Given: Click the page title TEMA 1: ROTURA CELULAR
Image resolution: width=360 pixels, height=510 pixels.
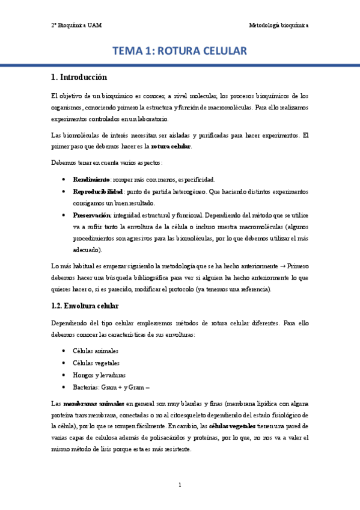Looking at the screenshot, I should click(180, 52).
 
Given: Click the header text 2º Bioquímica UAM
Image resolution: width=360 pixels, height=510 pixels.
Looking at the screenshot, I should click(76, 25).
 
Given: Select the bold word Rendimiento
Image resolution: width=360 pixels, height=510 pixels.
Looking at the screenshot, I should click(91, 179).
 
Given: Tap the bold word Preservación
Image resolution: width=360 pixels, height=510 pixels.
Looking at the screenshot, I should click(92, 214).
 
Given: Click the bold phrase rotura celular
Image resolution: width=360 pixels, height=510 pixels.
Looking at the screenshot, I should click(171, 146).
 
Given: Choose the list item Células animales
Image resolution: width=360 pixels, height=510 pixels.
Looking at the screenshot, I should click(96, 351).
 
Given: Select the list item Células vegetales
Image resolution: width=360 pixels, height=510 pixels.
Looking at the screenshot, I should click(96, 363).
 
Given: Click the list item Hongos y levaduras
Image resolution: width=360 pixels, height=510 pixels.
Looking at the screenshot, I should click(99, 375).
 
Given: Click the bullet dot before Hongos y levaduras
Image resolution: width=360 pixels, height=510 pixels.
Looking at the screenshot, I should click(64, 375).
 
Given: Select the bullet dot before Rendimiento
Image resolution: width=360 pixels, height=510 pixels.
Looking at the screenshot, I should click(64, 179).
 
